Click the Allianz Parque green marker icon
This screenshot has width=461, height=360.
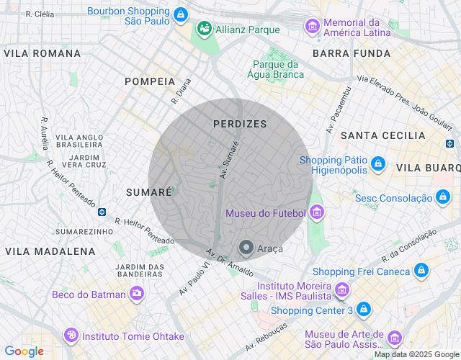[204, 29]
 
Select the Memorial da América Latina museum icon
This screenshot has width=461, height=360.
[313, 27]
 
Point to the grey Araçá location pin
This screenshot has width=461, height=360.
[246, 248]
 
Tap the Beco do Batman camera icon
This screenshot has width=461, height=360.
[136, 293]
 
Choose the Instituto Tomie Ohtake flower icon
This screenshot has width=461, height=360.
[71, 336]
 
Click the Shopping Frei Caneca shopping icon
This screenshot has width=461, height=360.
[421, 271]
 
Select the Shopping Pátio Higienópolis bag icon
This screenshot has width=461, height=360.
[377, 165]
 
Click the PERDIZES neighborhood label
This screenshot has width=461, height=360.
[240, 124]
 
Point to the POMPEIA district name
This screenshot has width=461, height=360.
[150, 81]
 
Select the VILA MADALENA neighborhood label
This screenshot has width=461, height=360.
[50, 251]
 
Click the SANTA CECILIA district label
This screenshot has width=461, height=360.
[382, 135]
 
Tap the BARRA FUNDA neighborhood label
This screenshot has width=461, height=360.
[352, 53]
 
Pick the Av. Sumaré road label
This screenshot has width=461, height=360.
[229, 161]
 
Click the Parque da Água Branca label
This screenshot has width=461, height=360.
[275, 68]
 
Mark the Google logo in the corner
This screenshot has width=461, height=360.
[24, 351]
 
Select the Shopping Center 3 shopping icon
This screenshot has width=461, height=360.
[364, 310]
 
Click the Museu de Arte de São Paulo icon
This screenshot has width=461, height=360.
[394, 338]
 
